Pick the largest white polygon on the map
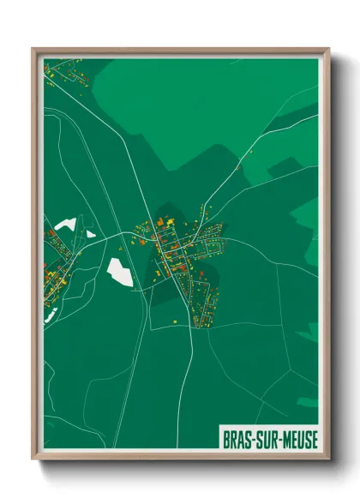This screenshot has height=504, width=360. [121, 273]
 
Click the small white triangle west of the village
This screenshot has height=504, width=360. [90, 232]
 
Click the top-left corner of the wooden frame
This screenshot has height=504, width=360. [34, 50]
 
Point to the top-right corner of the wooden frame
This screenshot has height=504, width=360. [328, 50]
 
